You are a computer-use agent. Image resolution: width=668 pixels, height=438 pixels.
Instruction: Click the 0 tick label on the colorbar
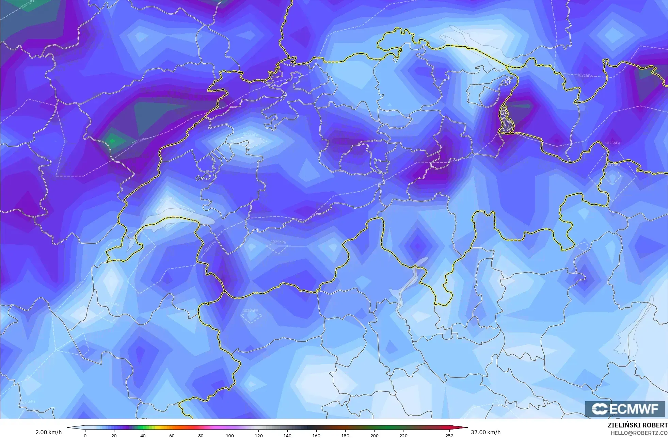pyautogui.click(x=85, y=435)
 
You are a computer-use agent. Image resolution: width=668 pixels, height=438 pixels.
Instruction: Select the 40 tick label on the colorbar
pyautogui.click(x=143, y=435)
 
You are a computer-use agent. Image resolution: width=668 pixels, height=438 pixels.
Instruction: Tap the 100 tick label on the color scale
pyautogui.click(x=230, y=435)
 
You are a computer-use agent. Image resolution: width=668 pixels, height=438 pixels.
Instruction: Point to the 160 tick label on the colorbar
pyautogui.click(x=316, y=435)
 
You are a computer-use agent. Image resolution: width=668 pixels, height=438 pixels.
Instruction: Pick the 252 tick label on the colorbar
pyautogui.click(x=449, y=435)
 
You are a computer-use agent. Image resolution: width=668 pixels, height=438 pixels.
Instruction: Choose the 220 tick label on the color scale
pyautogui.click(x=403, y=435)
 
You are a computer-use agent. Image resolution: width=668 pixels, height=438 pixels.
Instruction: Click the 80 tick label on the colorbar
pyautogui.click(x=201, y=435)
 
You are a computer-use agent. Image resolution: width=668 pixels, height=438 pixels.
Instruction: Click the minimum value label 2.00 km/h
pyautogui.click(x=49, y=432)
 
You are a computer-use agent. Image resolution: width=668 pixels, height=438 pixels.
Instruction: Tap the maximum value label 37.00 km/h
pyautogui.click(x=486, y=432)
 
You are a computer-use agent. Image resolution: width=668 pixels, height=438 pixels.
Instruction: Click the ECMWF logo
pyautogui.click(x=625, y=409)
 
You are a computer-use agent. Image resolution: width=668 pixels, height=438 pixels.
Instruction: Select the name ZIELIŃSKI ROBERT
pyautogui.click(x=637, y=425)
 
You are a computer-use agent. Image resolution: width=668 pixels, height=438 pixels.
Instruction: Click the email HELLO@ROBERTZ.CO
pyautogui.click(x=639, y=433)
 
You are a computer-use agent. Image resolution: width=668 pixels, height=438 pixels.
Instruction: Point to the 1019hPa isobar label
pyautogui.click(x=28, y=5)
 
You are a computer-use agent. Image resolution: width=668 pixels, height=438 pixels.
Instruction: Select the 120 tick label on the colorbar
pyautogui.click(x=259, y=435)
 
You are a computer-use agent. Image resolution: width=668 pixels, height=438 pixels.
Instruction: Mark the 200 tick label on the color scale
pyautogui.click(x=375, y=435)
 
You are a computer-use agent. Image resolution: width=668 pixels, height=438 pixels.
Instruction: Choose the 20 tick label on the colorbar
pyautogui.click(x=114, y=435)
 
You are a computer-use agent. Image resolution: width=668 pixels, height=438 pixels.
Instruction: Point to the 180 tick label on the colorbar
pyautogui.click(x=345, y=435)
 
